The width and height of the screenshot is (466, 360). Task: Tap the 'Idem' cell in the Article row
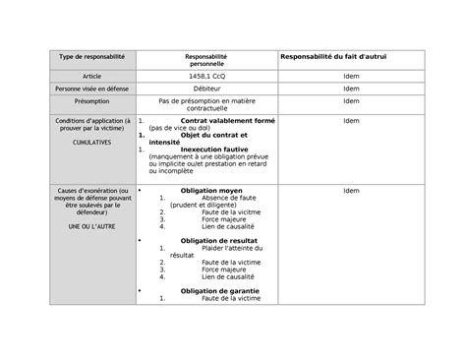350,76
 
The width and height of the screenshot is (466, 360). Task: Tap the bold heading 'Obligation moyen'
209,189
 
